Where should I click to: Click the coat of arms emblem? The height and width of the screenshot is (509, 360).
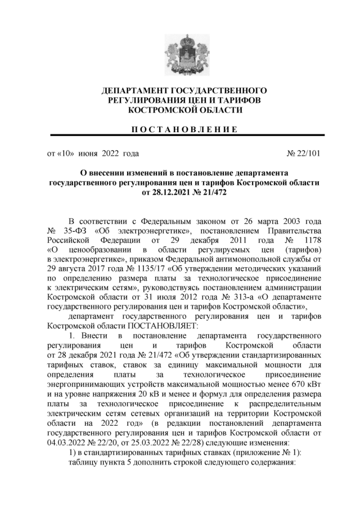click(180, 55)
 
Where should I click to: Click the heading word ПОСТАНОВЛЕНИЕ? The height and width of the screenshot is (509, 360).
click(180, 129)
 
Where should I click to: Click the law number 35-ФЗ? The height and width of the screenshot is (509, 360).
click(73, 232)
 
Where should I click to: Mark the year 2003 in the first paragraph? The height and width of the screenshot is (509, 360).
click(286, 222)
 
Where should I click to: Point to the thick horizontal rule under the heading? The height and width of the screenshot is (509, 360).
click(180, 136)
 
